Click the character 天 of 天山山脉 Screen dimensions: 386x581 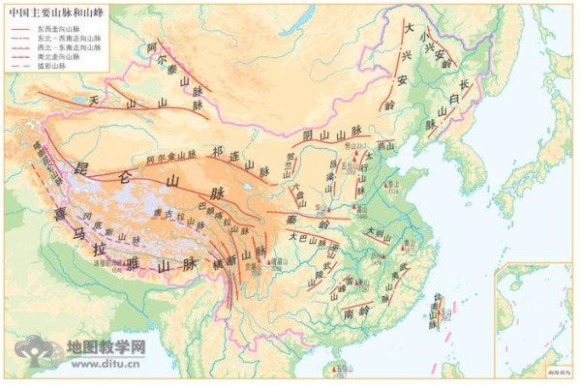[94, 100]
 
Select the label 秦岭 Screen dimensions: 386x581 [324, 221]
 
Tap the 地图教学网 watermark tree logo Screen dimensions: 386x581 [39, 354]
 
